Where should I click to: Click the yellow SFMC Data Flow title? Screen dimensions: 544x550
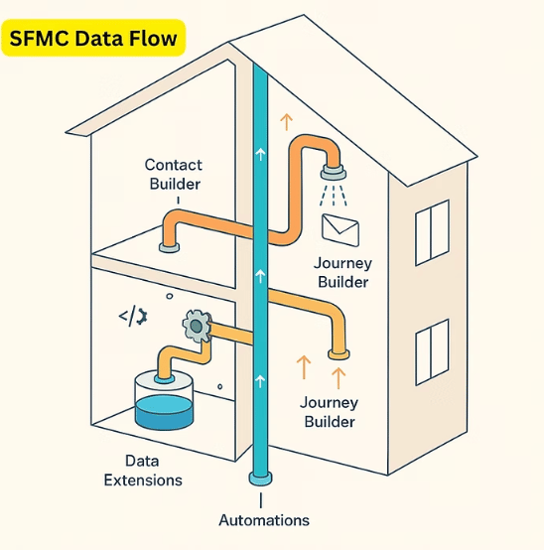tap(93, 38)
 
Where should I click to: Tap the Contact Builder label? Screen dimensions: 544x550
tap(175, 175)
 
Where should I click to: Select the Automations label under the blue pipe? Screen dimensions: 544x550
tap(264, 520)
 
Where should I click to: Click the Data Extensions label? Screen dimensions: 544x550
tap(143, 471)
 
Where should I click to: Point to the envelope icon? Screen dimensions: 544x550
tap(340, 230)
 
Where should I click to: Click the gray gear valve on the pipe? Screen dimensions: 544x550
tap(197, 327)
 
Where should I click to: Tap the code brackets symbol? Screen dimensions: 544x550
tap(133, 317)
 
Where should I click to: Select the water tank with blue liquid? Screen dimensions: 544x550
tap(164, 400)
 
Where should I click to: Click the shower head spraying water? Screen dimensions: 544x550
tap(334, 173)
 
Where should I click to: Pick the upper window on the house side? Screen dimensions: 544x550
tap(432, 233)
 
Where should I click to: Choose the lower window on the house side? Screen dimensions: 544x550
tap(432, 352)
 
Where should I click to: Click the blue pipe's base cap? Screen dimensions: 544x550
tap(261, 479)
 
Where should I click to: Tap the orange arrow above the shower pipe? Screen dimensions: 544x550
tap(287, 122)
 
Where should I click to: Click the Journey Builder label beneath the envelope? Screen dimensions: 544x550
tap(342, 273)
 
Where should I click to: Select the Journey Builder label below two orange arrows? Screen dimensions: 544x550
tap(329, 412)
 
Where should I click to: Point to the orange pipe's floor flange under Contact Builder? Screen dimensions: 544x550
tap(169, 247)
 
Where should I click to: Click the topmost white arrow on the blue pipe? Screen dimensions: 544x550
tap(260, 154)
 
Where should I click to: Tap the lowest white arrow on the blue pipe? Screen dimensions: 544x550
tap(260, 381)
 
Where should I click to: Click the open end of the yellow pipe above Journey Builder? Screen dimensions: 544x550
tap(339, 354)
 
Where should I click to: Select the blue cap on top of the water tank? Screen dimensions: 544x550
tap(164, 379)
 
